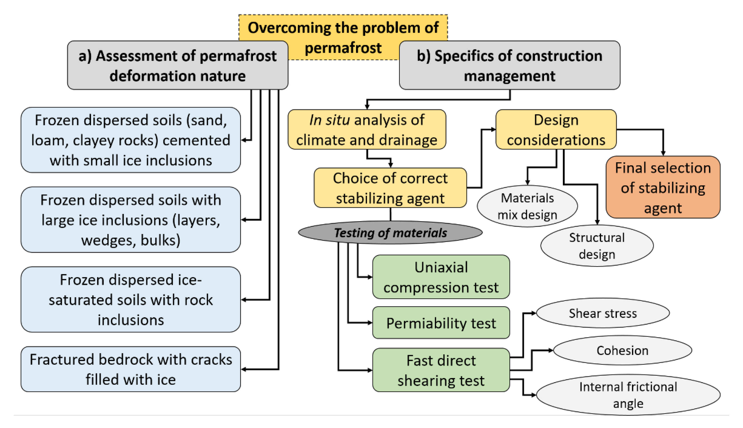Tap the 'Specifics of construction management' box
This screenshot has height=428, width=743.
point(509,65)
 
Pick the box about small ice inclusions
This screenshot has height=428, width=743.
point(131,140)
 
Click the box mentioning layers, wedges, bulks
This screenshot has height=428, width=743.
point(131,220)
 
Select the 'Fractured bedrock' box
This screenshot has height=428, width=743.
point(131,369)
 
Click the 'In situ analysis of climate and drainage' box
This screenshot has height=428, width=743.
point(367,130)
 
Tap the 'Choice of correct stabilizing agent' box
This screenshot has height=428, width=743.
point(390,188)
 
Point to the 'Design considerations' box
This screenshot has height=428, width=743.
point(556,130)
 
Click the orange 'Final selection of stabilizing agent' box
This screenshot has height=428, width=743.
point(663,187)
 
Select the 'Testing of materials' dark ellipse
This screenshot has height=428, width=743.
point(390,233)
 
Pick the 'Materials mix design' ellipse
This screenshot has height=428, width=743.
point(527,206)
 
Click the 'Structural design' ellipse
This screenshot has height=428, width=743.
point(596,246)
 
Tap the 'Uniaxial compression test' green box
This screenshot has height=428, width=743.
point(441,277)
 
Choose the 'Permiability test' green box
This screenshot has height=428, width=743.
point(441,323)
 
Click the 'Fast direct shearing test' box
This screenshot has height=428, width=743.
point(441,370)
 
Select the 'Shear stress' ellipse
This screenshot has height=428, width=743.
point(603,313)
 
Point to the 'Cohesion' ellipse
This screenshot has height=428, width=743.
point(622,350)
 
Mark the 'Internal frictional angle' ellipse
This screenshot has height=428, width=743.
point(628,395)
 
